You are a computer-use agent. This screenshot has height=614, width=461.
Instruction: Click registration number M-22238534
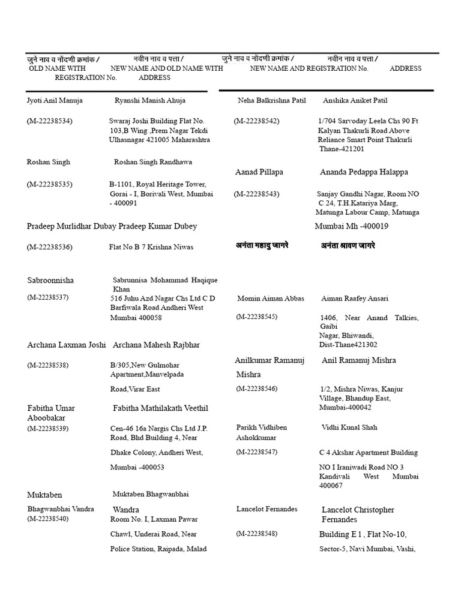(x=49, y=121)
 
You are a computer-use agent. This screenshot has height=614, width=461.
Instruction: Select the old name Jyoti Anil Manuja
(x=55, y=100)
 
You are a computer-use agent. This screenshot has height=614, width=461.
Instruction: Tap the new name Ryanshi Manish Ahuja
(x=149, y=100)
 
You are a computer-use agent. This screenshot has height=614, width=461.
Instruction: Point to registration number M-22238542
(x=256, y=121)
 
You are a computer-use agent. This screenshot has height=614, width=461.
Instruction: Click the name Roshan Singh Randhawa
(x=153, y=162)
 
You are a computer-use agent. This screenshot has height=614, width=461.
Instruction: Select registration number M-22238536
(x=49, y=246)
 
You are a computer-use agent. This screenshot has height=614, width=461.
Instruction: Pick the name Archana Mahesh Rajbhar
(x=156, y=345)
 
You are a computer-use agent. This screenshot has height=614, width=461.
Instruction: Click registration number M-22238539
(x=47, y=428)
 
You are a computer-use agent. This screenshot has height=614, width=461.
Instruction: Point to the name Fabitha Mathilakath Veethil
(x=160, y=408)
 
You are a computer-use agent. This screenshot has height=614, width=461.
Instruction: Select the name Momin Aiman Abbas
(x=271, y=298)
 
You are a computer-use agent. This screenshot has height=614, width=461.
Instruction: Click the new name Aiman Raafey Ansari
(x=355, y=298)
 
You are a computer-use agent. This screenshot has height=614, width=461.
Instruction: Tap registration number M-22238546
(x=256, y=389)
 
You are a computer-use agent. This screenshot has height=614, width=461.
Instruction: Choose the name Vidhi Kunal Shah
(x=349, y=428)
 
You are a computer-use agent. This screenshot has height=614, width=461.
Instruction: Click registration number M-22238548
(x=256, y=533)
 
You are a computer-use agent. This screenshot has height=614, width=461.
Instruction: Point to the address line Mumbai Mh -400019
(x=351, y=226)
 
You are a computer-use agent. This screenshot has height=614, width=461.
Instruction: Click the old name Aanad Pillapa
(x=259, y=172)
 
